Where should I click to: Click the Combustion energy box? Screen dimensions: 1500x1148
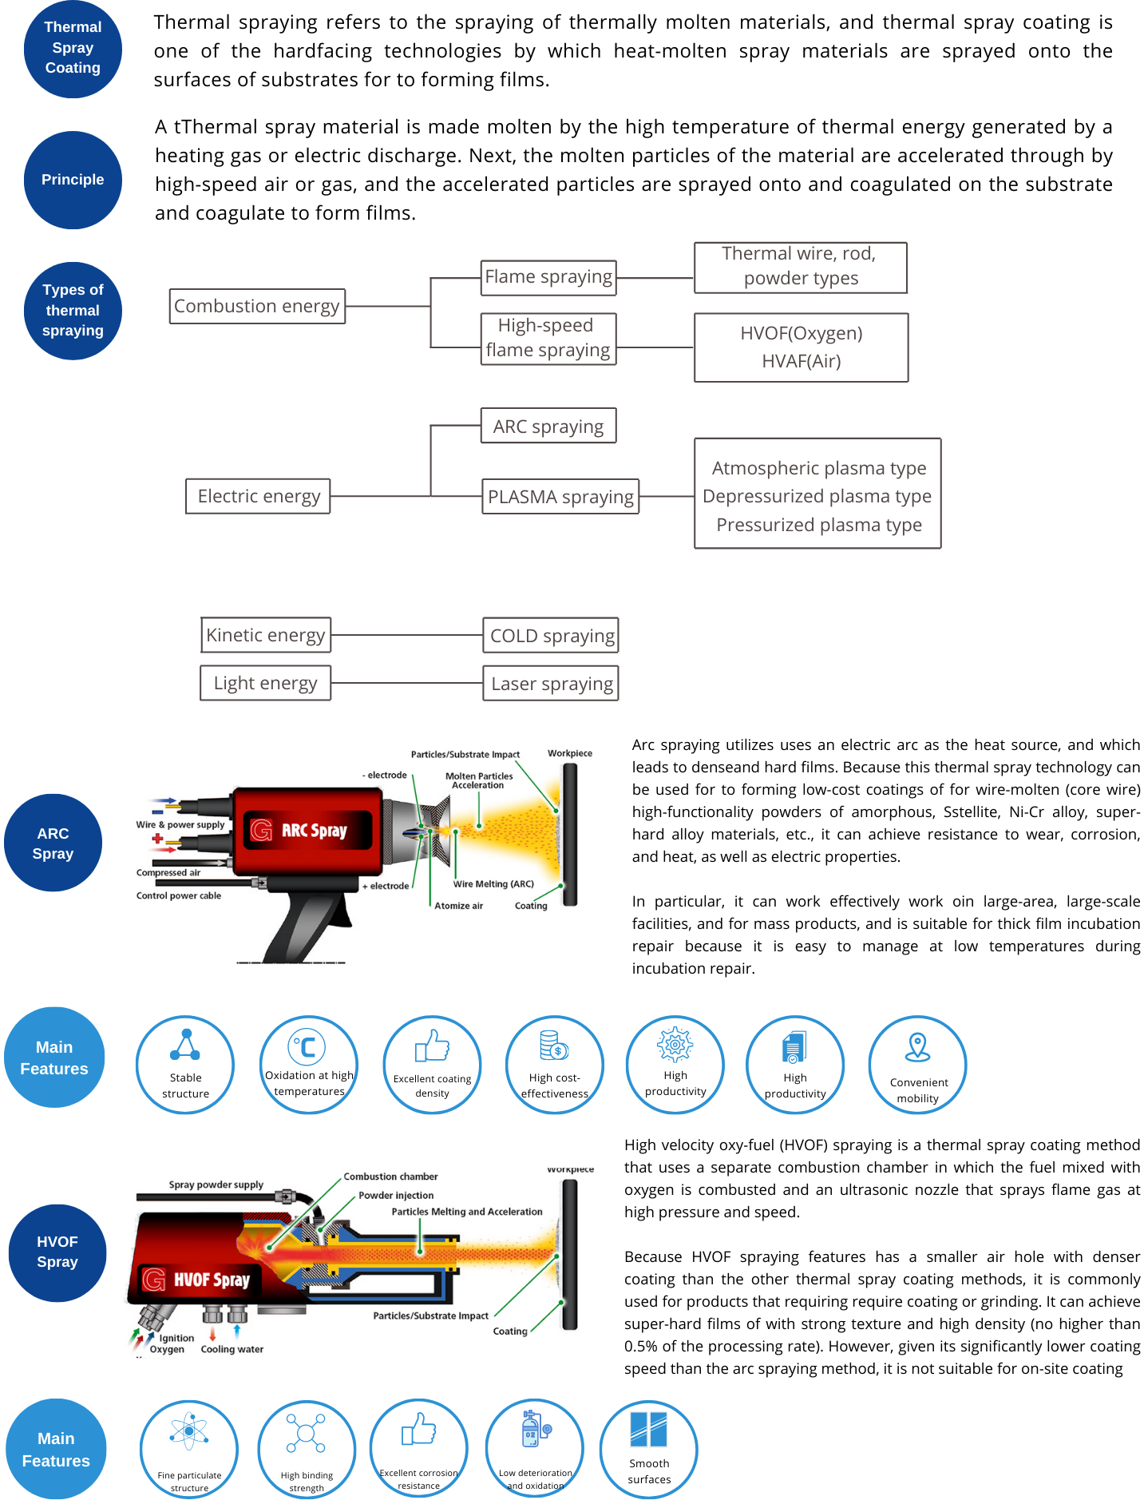tap(257, 307)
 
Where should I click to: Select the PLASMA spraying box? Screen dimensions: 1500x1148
tap(560, 497)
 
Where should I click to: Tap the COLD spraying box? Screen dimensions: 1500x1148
tap(551, 636)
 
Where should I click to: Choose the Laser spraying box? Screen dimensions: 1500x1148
tap(551, 684)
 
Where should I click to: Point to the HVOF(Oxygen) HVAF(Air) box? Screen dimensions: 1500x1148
tap(801, 347)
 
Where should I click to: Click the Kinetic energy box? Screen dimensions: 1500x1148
tap(265, 635)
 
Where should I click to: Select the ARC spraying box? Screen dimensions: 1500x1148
tap(548, 427)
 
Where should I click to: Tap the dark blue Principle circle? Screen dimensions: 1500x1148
tap(73, 180)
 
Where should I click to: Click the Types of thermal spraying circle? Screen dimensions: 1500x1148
tap(73, 311)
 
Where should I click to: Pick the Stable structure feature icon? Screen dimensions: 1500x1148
tap(185, 1045)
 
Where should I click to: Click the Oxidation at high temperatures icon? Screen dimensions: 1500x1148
tap(307, 1046)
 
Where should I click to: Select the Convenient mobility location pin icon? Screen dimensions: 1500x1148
tap(918, 1046)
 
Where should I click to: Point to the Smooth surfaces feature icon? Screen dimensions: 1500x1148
tap(648, 1430)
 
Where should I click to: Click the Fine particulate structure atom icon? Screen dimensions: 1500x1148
tap(189, 1431)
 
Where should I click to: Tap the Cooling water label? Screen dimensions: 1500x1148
tap(232, 1349)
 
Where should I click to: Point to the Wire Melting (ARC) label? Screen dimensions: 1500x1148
tap(493, 884)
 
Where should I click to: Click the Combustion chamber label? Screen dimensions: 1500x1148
tap(390, 1177)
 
